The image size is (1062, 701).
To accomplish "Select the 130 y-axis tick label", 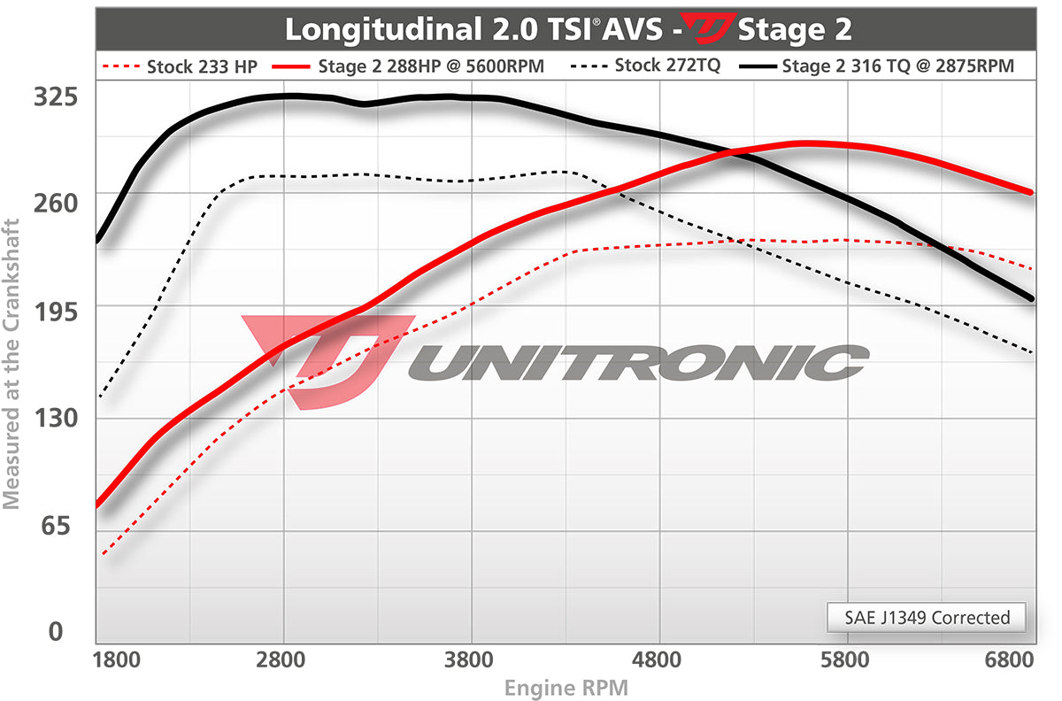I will click(56, 418).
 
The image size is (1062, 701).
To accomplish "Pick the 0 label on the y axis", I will click(56, 632).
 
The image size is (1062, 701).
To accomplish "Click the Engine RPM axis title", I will click(566, 687).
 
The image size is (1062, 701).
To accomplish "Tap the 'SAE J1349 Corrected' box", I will click(926, 617).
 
